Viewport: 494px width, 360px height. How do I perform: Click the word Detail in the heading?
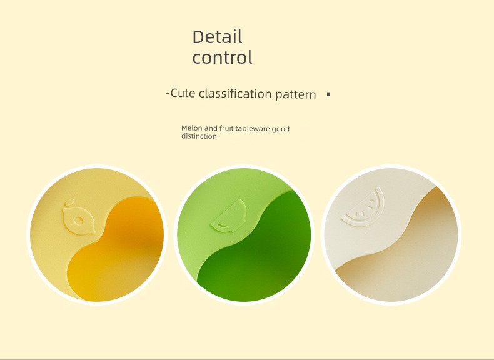click(x=217, y=37)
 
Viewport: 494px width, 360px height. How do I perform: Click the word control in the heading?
click(x=223, y=57)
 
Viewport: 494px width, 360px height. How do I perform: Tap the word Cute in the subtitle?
click(x=183, y=93)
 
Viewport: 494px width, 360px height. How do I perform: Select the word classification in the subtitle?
click(x=235, y=94)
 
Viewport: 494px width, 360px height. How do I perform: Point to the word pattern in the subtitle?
click(x=296, y=94)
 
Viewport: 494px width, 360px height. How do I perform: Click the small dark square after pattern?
click(x=328, y=94)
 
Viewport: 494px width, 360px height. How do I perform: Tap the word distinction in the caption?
click(x=199, y=136)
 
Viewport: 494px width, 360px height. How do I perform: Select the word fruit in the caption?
click(x=226, y=128)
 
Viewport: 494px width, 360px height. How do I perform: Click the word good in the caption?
click(x=280, y=129)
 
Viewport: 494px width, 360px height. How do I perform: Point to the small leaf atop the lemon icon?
click(x=69, y=202)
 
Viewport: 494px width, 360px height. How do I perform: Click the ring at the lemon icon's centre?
click(x=78, y=221)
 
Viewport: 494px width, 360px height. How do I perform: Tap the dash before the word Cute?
click(x=168, y=93)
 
